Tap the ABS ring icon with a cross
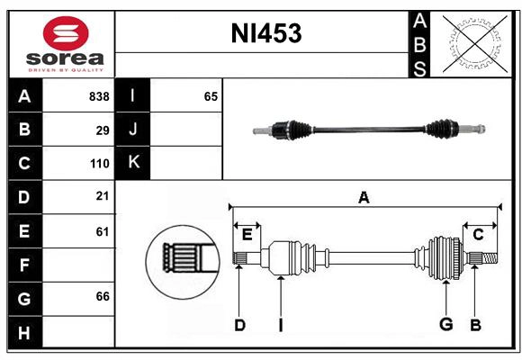pos(472,43)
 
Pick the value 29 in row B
pos(103,130)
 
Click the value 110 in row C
pos(99,164)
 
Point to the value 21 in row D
pos(103,196)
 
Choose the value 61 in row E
pos(103,231)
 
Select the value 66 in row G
pos(103,296)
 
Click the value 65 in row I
pos(211,96)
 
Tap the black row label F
pos(24,265)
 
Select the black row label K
pos(133,163)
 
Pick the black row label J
pos(133,130)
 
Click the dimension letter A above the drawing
pos(364,197)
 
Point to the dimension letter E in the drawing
pos(247,235)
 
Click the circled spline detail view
pos(183,257)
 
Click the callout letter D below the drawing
pos(239,325)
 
